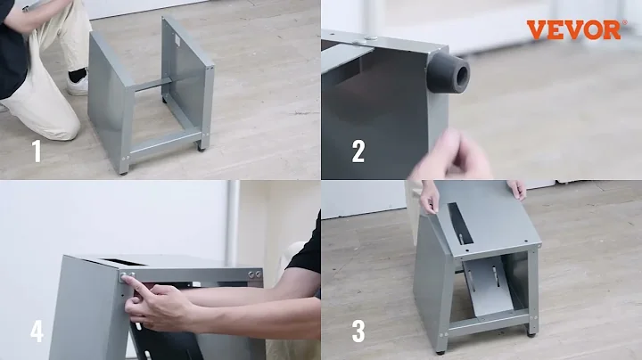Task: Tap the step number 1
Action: click(37, 151)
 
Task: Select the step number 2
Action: click(358, 151)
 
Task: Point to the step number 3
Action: click(358, 331)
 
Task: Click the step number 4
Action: click(37, 331)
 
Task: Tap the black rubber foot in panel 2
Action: click(449, 72)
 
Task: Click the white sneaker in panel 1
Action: click(78, 85)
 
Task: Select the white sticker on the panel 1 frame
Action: click(178, 40)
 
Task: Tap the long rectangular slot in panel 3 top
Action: click(461, 223)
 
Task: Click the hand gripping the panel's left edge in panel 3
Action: click(429, 197)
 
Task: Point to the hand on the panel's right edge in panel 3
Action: click(516, 190)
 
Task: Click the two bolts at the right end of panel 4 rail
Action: click(254, 274)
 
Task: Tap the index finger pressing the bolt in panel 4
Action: click(133, 283)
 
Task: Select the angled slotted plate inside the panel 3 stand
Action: click(488, 286)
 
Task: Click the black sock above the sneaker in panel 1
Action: click(78, 75)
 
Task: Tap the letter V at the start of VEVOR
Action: click(537, 30)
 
